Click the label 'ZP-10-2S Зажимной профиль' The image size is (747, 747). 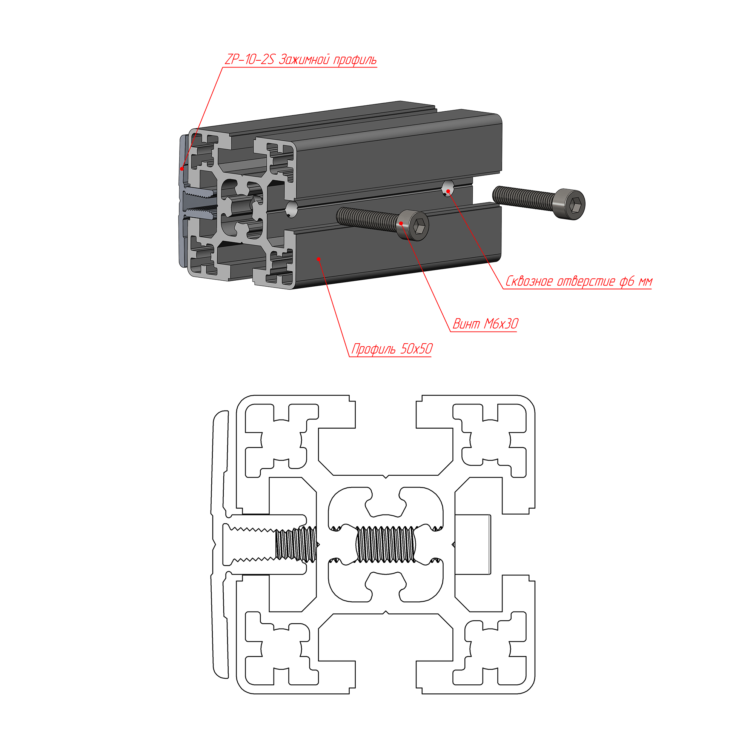click(300, 60)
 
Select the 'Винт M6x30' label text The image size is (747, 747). click(485, 324)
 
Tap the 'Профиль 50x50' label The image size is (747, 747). click(392, 349)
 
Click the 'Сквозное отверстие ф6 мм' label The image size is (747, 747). click(579, 281)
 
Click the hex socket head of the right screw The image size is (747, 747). click(570, 204)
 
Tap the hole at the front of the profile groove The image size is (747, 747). click(292, 209)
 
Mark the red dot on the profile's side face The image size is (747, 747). click(318, 259)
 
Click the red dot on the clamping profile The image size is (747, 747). click(182, 169)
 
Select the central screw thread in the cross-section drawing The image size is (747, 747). click(386, 544)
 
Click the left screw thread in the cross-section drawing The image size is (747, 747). click(296, 544)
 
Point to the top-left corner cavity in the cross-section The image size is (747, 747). click(281, 441)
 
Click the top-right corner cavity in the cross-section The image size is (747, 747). click(489, 441)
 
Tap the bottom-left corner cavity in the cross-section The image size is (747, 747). click(281, 648)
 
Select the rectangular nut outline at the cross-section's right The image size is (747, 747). click(473, 544)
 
